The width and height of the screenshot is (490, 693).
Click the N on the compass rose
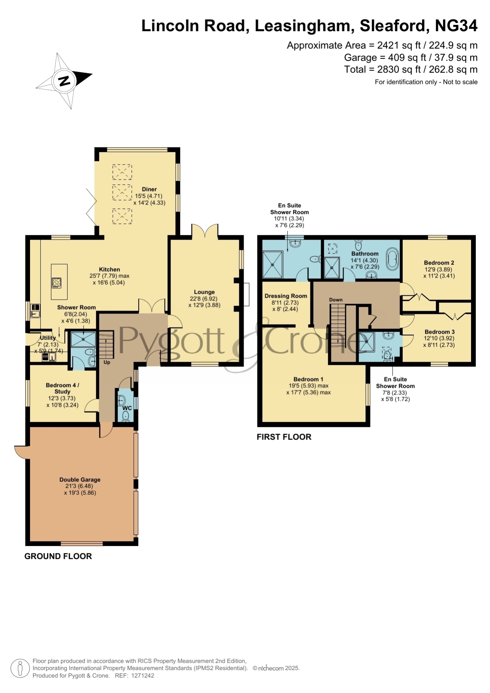point(64,81)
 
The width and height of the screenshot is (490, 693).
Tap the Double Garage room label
point(80,479)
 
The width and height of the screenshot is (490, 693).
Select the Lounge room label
point(204,292)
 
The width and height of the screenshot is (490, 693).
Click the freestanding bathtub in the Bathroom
point(392,259)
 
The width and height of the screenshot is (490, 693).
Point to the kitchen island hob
point(57,283)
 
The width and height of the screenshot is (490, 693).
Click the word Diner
point(149,189)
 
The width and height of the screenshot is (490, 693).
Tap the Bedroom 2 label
point(439,263)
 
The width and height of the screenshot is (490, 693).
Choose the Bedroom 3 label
point(439,332)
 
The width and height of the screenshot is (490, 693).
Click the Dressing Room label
point(286,296)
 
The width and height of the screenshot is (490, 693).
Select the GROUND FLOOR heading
point(58,556)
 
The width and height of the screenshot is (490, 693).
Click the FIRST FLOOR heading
point(284,437)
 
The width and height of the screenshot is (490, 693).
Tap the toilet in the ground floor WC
point(126,416)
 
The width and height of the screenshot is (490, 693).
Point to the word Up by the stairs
point(107,362)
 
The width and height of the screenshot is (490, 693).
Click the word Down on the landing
point(336,300)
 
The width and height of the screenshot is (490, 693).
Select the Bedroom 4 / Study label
point(62,388)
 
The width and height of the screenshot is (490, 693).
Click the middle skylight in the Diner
point(122,192)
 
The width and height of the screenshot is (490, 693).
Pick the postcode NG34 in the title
point(456,26)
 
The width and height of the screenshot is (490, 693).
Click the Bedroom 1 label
point(308,379)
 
